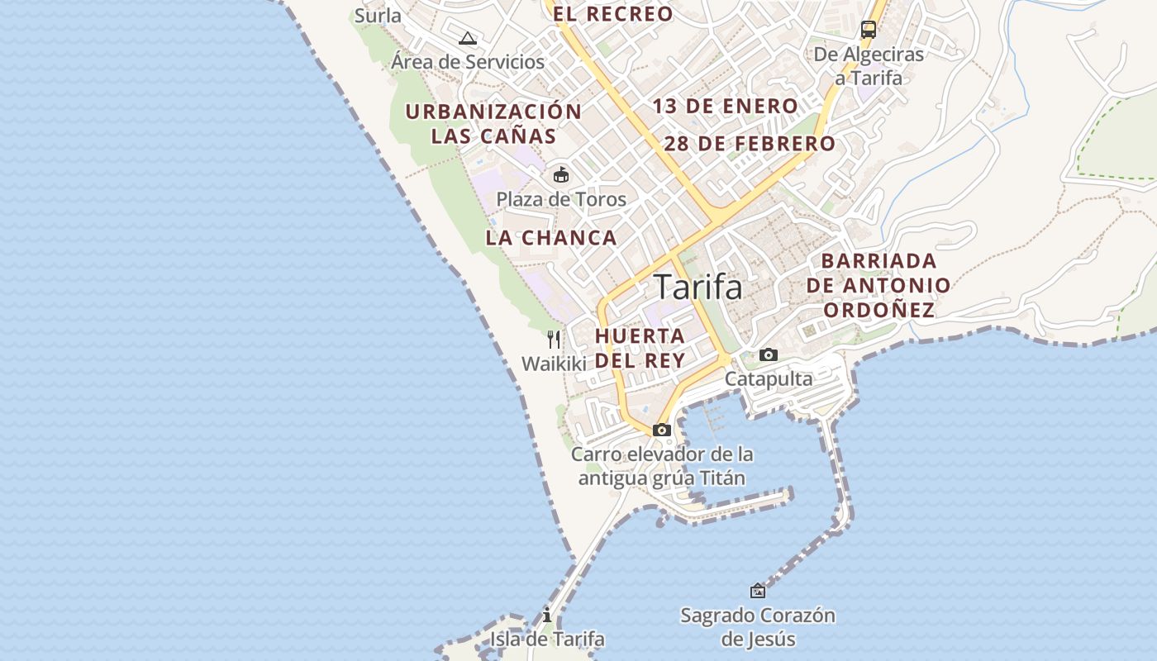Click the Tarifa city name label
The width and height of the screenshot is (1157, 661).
(x=698, y=287)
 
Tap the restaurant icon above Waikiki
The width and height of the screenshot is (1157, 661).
(x=554, y=339)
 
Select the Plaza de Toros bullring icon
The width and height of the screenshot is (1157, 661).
(x=561, y=174)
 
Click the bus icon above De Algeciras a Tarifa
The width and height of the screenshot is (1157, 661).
(x=869, y=31)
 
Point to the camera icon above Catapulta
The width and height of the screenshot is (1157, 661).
(x=769, y=354)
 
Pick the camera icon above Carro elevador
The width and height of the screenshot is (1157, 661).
(x=662, y=430)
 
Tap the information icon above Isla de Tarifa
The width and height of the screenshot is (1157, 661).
(x=547, y=615)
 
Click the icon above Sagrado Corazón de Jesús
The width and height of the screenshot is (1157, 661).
(x=758, y=591)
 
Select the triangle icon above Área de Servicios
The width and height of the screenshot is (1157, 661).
(x=469, y=37)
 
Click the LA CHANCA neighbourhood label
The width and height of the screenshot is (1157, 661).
(x=551, y=238)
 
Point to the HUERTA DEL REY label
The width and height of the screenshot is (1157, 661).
(x=640, y=348)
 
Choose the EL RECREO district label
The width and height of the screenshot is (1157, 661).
(x=613, y=14)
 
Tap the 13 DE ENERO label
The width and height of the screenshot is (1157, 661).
(x=725, y=106)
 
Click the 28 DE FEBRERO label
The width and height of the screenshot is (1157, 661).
(x=750, y=144)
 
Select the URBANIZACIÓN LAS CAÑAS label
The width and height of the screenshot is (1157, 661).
(x=493, y=123)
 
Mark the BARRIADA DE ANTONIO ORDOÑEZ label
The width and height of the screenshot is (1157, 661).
(x=879, y=286)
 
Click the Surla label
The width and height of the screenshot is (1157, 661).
(x=378, y=15)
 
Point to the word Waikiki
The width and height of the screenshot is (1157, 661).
(x=554, y=364)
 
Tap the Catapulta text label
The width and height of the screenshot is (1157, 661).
(x=769, y=379)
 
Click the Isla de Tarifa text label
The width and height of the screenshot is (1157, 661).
(x=547, y=640)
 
